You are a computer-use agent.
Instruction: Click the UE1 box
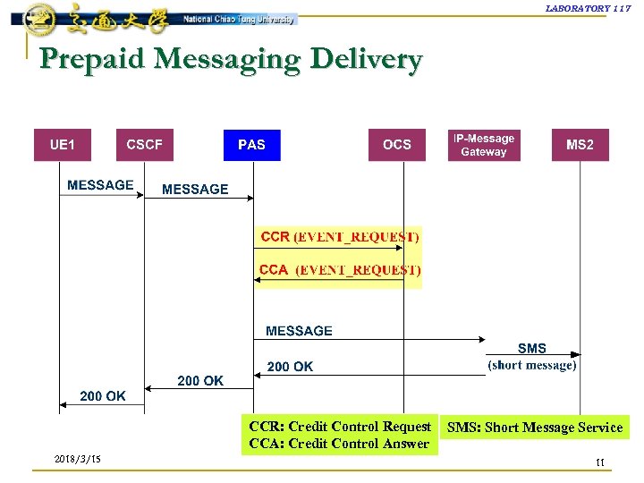click(x=62, y=145)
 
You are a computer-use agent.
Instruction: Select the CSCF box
click(x=145, y=145)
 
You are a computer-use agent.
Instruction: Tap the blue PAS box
click(x=251, y=145)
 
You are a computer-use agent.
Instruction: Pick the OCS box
click(x=397, y=145)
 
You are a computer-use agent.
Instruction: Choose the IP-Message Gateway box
click(x=484, y=145)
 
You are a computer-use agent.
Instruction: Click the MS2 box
click(x=580, y=145)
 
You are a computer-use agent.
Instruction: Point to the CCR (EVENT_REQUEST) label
click(x=340, y=237)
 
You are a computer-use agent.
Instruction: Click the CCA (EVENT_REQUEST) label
click(x=340, y=269)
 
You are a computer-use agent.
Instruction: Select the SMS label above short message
click(x=531, y=349)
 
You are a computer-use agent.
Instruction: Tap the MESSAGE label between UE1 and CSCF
click(x=100, y=185)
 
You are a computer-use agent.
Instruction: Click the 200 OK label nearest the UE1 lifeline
click(x=103, y=395)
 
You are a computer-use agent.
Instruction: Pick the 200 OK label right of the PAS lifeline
click(x=291, y=367)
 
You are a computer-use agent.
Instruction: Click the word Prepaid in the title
click(x=94, y=60)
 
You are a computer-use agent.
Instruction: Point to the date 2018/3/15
click(x=78, y=460)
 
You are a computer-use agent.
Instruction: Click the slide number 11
click(x=600, y=462)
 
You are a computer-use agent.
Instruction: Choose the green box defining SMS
click(x=535, y=428)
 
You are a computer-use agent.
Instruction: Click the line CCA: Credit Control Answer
click(x=339, y=444)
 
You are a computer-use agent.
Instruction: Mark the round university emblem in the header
click(x=38, y=18)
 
